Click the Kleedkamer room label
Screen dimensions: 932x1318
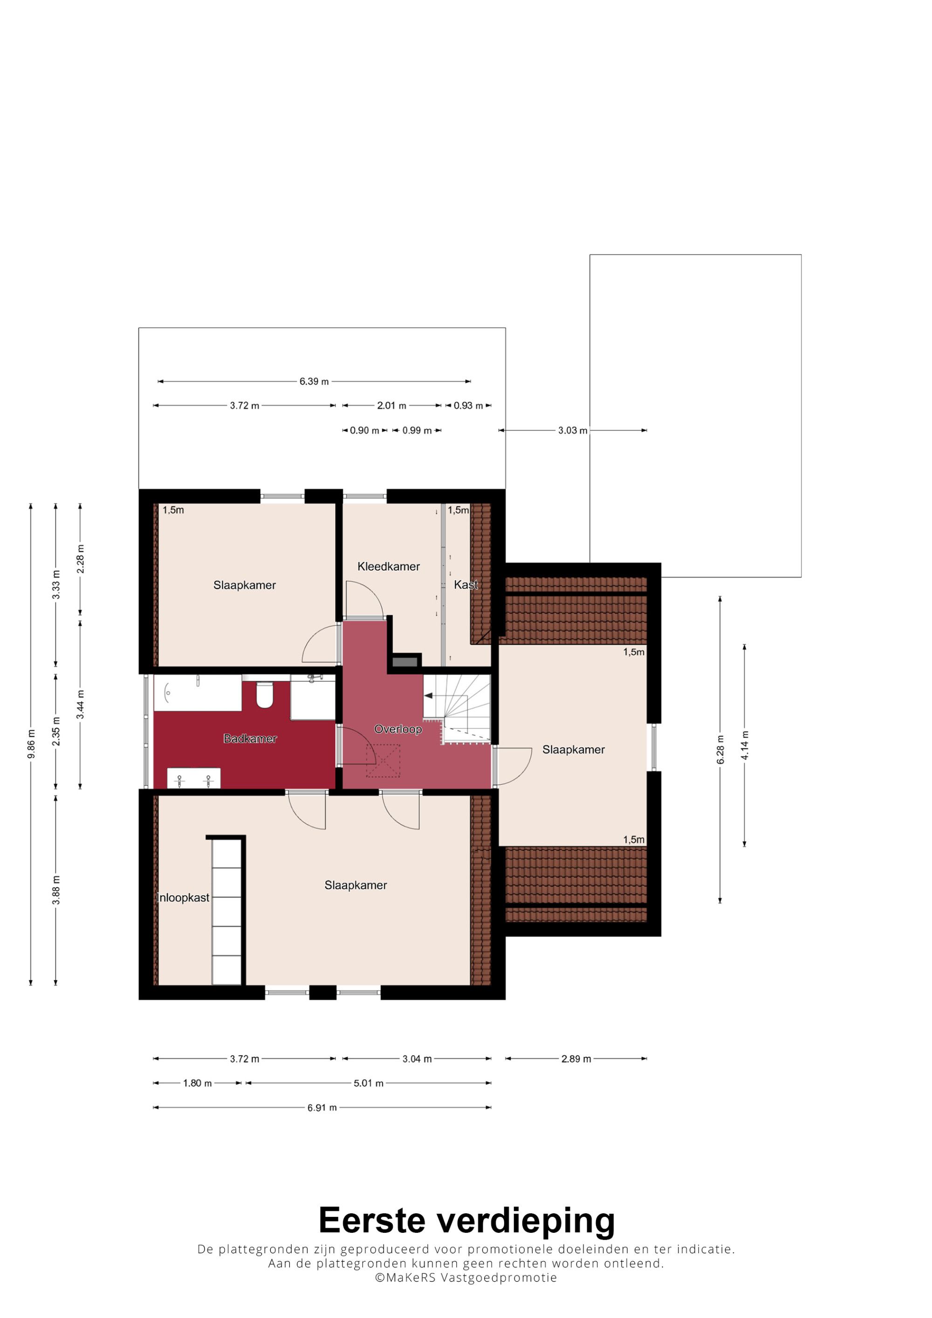click(388, 567)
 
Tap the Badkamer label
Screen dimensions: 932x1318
click(250, 739)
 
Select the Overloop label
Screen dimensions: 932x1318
click(398, 729)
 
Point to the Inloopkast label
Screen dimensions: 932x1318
click(183, 898)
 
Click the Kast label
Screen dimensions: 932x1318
click(466, 584)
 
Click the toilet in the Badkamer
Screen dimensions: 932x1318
click(264, 694)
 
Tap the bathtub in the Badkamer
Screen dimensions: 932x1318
click(198, 693)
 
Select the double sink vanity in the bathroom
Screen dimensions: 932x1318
click(193, 778)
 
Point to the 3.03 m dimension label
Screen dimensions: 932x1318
click(573, 430)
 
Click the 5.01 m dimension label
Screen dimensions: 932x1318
click(368, 1083)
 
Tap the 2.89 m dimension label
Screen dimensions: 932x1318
click(576, 1059)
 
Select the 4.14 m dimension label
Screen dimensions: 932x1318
click(745, 745)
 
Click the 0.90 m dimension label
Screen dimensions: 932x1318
click(365, 430)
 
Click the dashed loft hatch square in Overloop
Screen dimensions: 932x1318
click(383, 761)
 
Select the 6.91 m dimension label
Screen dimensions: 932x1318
click(322, 1108)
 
